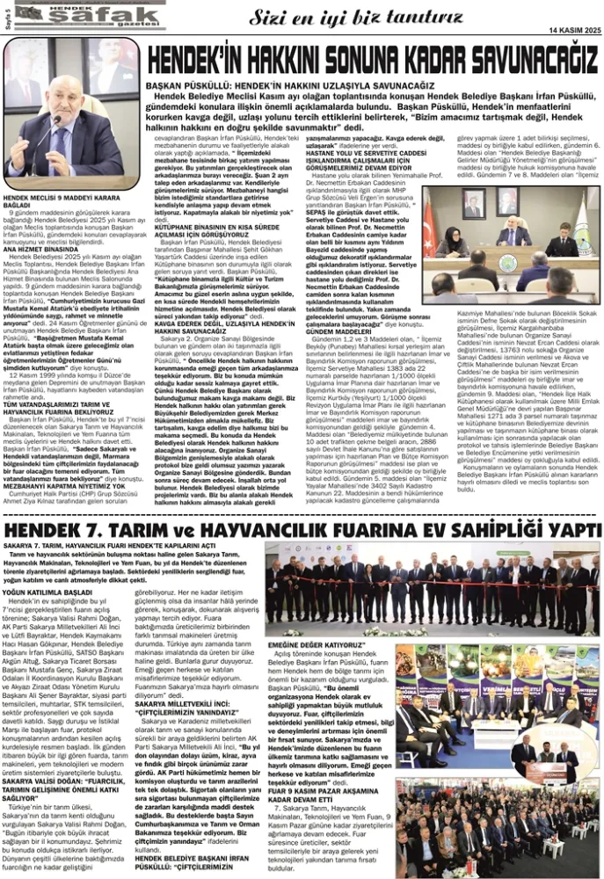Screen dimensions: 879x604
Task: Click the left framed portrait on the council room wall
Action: coord(474,204)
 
